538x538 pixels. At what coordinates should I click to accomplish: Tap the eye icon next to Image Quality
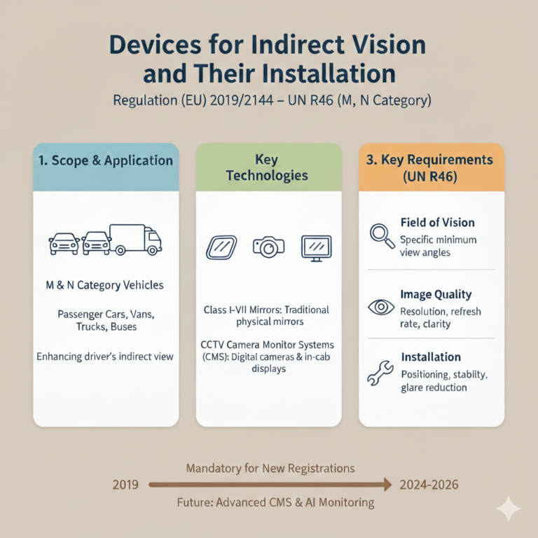click(x=381, y=307)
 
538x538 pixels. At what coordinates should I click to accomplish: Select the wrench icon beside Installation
click(x=380, y=373)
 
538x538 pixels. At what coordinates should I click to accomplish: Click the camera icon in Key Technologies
click(x=269, y=247)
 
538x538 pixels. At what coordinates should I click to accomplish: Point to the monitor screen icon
click(x=317, y=248)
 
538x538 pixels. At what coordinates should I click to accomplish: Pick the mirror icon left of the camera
click(x=221, y=247)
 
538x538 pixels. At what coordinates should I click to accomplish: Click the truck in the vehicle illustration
click(x=135, y=240)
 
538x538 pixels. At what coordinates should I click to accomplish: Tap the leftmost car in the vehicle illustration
click(x=64, y=244)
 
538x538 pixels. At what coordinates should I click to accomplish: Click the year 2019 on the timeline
click(x=125, y=485)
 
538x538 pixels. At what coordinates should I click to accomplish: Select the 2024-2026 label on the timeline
click(x=429, y=485)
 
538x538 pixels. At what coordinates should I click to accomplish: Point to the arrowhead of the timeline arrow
click(x=387, y=485)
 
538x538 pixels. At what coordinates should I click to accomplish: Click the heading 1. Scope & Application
click(x=105, y=160)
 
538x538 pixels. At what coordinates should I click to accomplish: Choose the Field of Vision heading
click(x=437, y=222)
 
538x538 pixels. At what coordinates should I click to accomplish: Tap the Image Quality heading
click(x=436, y=294)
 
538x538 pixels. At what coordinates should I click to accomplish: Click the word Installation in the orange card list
click(x=431, y=357)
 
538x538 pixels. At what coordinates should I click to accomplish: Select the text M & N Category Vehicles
click(x=104, y=285)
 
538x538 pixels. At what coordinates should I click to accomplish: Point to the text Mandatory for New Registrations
click(x=270, y=469)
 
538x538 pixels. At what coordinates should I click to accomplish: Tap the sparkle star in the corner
click(x=509, y=509)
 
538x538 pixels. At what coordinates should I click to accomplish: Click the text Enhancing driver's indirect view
click(x=105, y=357)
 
